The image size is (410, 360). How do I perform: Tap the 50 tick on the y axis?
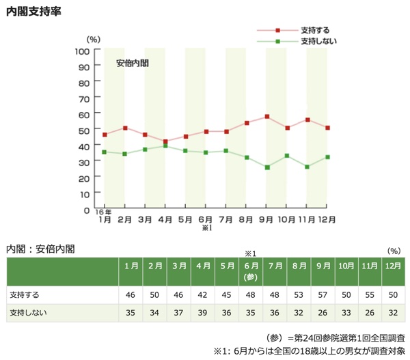[x=85, y=130]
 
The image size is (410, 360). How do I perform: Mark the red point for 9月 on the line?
[x=267, y=117]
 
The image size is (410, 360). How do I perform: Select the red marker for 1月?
[x=105, y=135]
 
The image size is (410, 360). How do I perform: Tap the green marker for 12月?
[x=328, y=157]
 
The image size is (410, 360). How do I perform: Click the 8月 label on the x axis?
[x=247, y=219]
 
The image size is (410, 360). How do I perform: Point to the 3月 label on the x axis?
[x=145, y=219]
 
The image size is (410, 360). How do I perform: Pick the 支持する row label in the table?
[x=23, y=295]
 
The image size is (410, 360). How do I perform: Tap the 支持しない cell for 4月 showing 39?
[x=202, y=312]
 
